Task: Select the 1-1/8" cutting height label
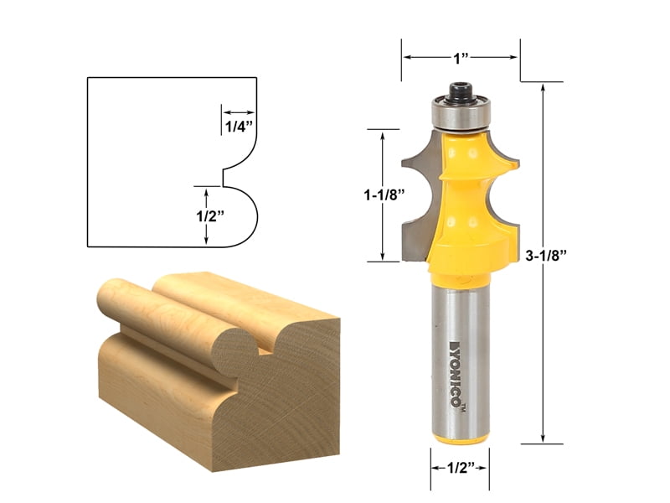(387, 194)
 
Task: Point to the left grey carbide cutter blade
(417, 193)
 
